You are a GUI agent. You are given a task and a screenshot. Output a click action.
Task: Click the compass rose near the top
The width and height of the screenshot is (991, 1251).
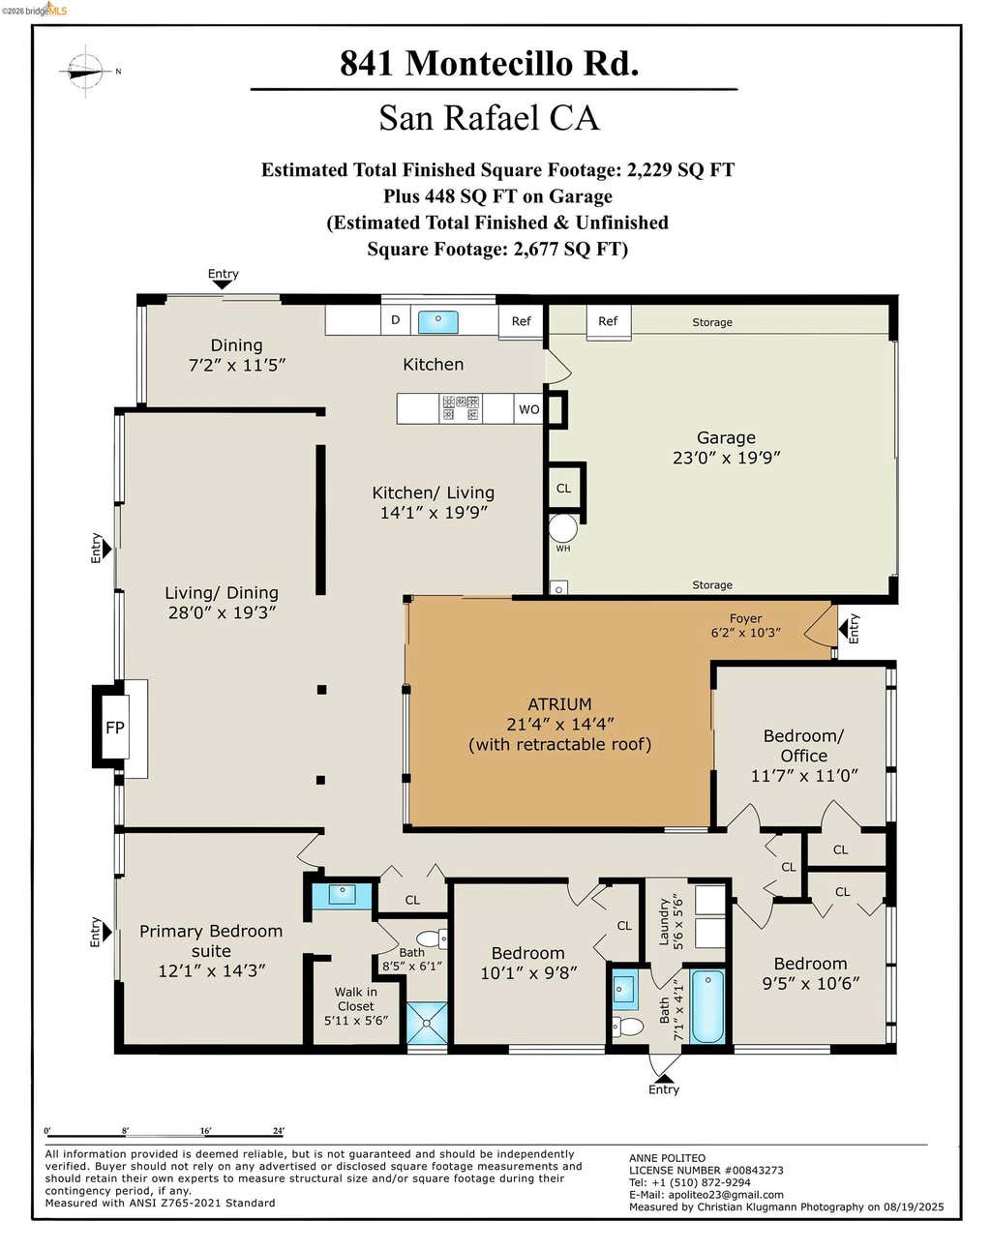pyautogui.click(x=85, y=72)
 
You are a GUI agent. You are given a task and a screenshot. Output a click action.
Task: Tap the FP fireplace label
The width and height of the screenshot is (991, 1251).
pyautogui.click(x=115, y=728)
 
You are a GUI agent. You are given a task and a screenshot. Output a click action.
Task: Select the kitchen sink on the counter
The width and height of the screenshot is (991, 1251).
pyautogui.click(x=438, y=321)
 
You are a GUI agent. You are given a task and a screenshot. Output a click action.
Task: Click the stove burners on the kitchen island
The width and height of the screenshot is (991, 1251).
pyautogui.click(x=461, y=408)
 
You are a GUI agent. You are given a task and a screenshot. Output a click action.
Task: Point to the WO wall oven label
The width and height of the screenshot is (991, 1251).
pyautogui.click(x=529, y=409)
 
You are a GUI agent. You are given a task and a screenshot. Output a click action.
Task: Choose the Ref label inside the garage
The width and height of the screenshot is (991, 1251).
pyautogui.click(x=608, y=321)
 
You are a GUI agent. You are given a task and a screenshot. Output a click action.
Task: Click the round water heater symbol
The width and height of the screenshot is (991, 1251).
pyautogui.click(x=563, y=528)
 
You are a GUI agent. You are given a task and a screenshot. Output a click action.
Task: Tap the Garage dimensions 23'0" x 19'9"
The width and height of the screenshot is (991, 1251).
pyautogui.click(x=727, y=458)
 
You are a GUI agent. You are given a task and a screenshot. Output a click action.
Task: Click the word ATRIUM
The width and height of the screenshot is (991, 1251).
pyautogui.click(x=559, y=704)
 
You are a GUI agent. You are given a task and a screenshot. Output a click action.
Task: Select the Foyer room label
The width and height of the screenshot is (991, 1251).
pyautogui.click(x=745, y=618)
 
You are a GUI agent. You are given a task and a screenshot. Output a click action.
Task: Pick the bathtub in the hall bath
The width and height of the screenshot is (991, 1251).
pyautogui.click(x=707, y=1006)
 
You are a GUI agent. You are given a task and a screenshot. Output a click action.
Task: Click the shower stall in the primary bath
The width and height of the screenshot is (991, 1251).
pyautogui.click(x=427, y=1023)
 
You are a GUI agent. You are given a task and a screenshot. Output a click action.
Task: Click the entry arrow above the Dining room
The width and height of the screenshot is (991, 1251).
pyautogui.click(x=223, y=284)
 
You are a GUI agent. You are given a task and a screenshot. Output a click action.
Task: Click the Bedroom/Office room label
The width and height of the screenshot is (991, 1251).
pyautogui.click(x=803, y=746)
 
